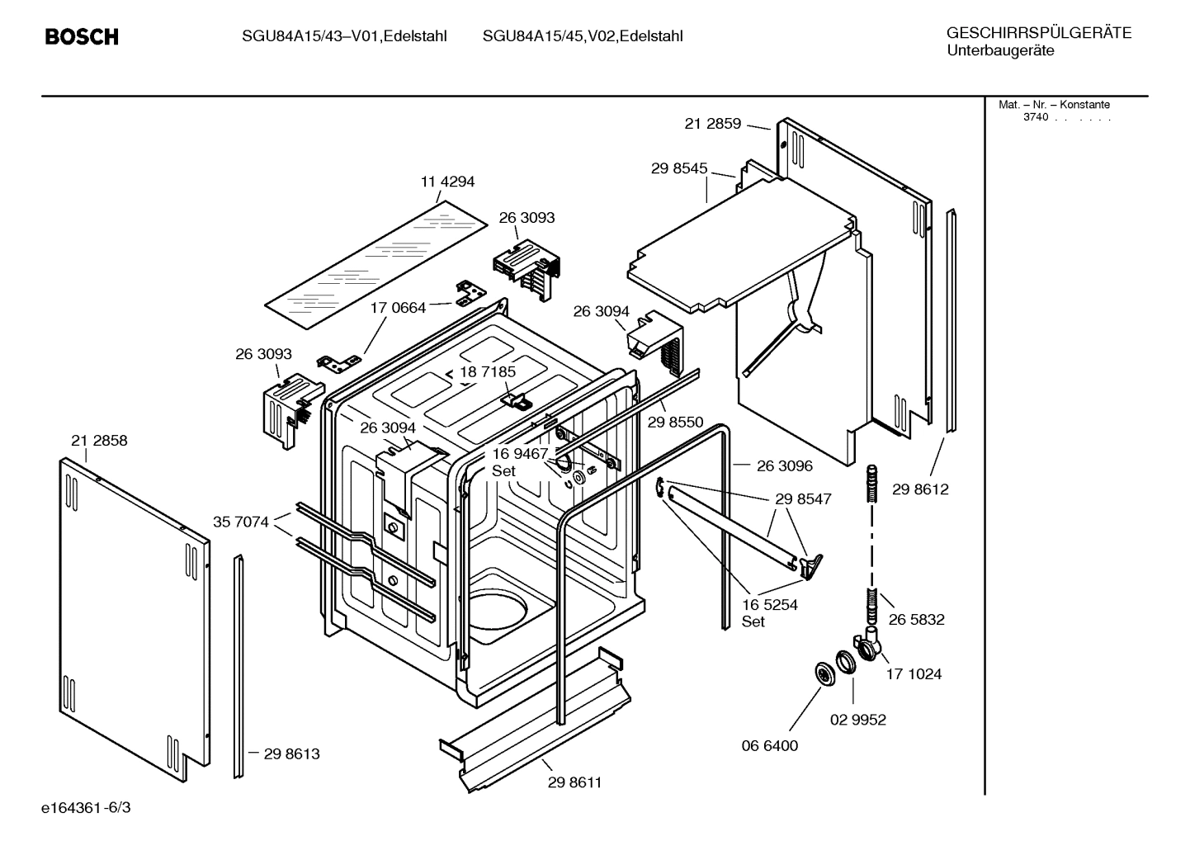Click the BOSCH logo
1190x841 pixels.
[x=82, y=37]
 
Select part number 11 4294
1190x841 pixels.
[x=447, y=182]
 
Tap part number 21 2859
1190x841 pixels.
[x=712, y=124]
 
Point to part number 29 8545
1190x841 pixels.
[x=678, y=168]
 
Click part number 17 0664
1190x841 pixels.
[x=398, y=308]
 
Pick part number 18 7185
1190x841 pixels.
[x=488, y=372]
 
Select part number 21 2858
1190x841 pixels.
[x=99, y=441]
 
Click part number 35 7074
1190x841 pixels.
[x=240, y=522]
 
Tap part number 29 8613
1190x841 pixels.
[x=291, y=754]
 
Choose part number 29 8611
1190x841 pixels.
[x=574, y=782]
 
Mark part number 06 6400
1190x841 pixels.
[x=769, y=745]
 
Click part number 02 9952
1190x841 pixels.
[x=857, y=720]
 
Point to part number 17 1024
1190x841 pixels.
[x=914, y=674]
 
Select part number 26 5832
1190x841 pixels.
[x=916, y=620]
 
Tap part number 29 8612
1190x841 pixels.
[x=920, y=489]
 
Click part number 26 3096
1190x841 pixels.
[x=784, y=466]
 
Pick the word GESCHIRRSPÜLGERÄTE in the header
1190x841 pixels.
[x=1038, y=34]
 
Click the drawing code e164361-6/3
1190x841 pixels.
[x=86, y=807]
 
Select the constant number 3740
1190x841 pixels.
[x=1035, y=117]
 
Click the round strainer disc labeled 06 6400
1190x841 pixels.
[x=823, y=673]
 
